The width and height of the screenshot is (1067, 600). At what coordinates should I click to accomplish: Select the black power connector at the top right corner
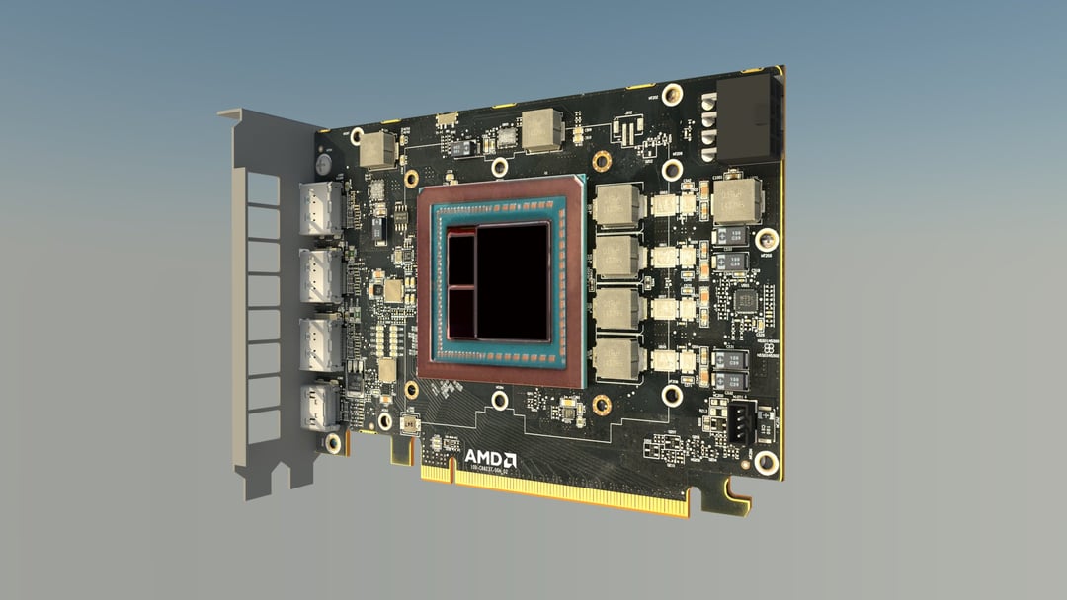click(749, 120)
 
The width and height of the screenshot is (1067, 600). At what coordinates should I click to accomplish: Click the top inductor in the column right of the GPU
click(617, 204)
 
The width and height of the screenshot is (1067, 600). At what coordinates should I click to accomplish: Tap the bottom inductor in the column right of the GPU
click(617, 358)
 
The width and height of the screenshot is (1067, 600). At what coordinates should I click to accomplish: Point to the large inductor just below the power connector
click(737, 199)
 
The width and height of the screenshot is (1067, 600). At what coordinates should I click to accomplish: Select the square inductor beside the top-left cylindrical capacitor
click(377, 149)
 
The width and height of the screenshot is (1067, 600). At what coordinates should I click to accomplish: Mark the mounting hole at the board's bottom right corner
click(766, 462)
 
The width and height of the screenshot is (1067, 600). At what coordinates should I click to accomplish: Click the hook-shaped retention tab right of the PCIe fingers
click(736, 494)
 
